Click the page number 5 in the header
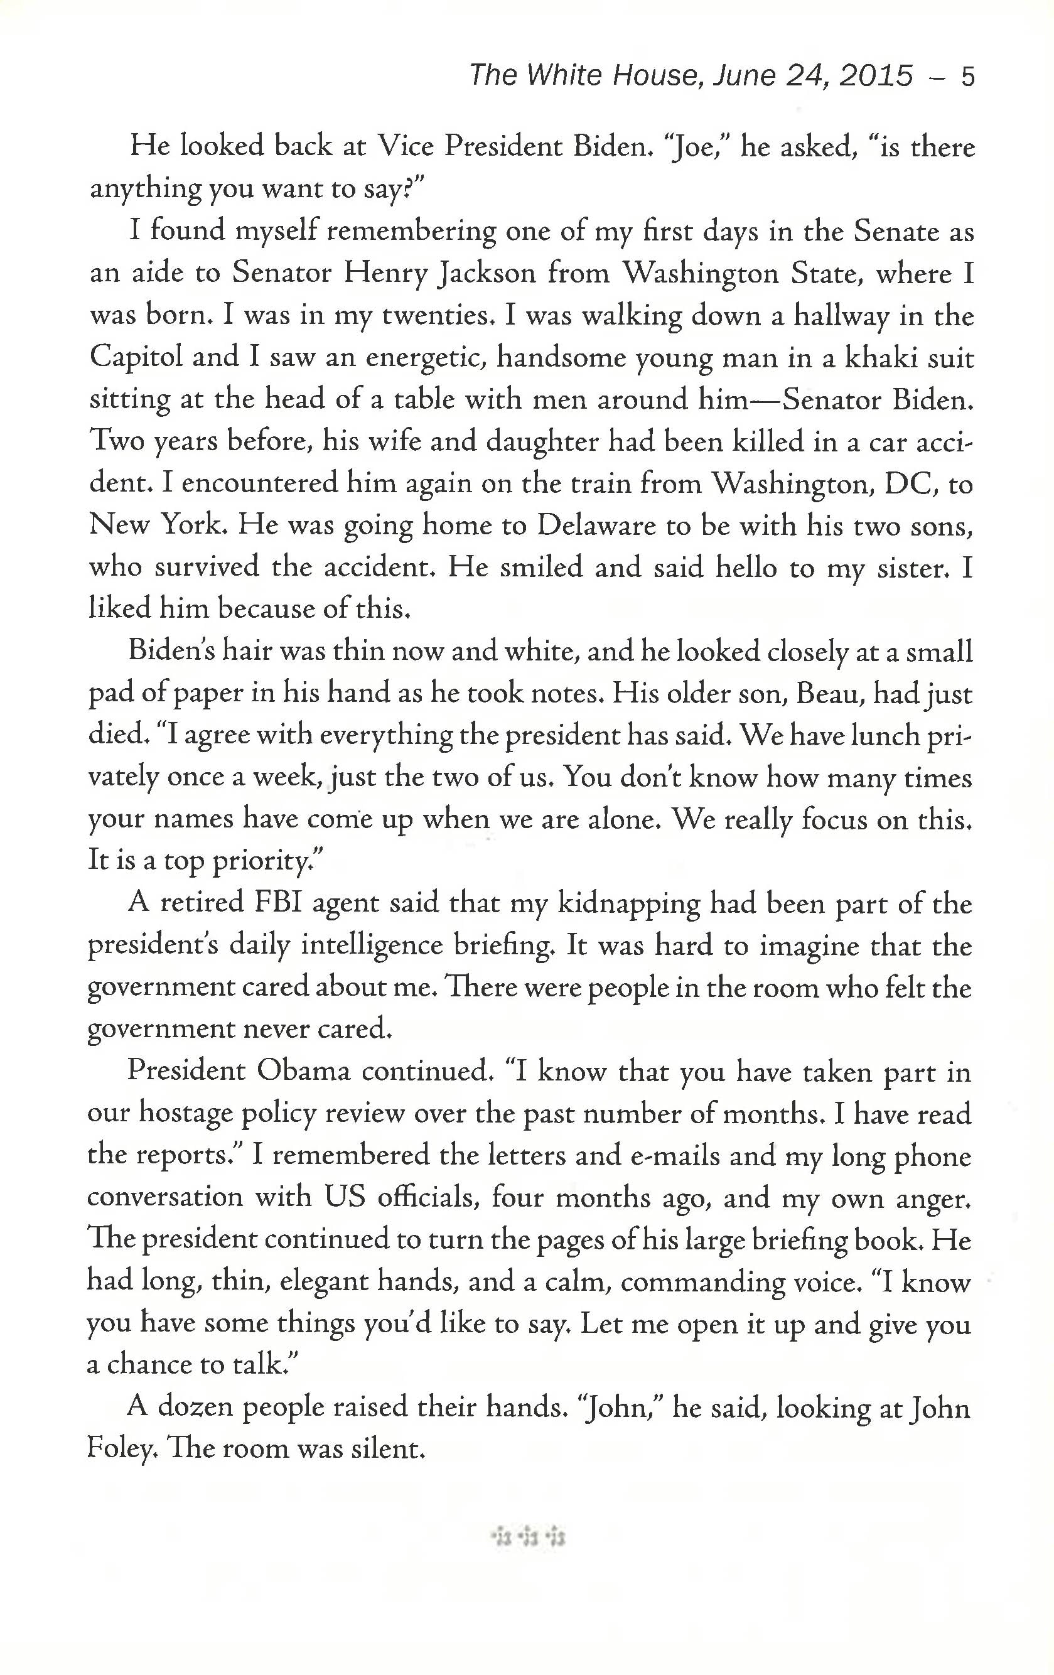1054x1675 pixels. [x=967, y=76]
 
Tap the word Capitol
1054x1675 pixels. [x=136, y=359]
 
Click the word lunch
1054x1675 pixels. [x=883, y=736]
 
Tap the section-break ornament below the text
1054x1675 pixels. [x=528, y=1536]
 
